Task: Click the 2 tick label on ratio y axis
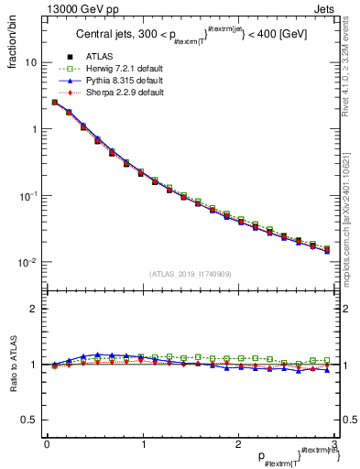[34, 309]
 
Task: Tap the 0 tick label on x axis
[46, 444]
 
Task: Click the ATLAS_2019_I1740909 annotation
[191, 273]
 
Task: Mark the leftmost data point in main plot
[54, 103]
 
